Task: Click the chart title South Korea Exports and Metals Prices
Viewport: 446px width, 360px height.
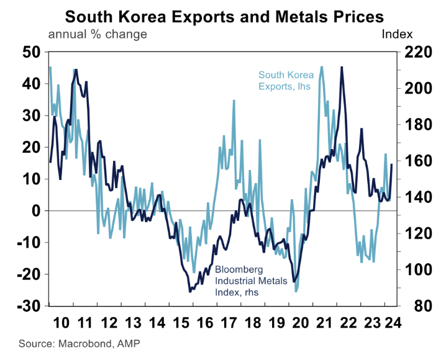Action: tap(224, 15)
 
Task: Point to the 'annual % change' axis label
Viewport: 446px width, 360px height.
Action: tap(97, 34)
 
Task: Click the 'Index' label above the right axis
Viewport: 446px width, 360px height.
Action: tap(397, 34)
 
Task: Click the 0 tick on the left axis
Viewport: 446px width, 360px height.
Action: tap(35, 211)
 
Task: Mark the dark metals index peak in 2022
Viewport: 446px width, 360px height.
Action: tap(342, 67)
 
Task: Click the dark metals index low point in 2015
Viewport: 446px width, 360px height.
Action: tap(189, 290)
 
